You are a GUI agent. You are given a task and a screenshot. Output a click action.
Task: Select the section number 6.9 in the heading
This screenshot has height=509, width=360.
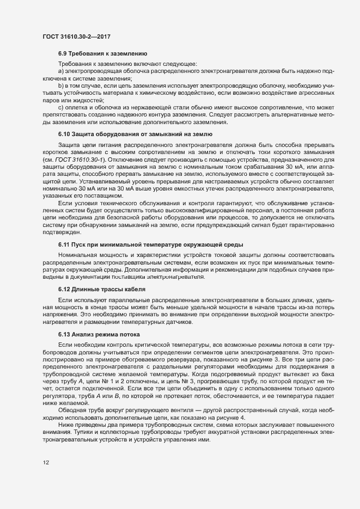coord(63,54)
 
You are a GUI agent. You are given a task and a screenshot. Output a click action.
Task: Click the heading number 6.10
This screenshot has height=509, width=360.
coord(65,133)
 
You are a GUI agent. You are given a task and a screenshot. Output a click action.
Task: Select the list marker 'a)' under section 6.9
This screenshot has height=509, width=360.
coord(61,71)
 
